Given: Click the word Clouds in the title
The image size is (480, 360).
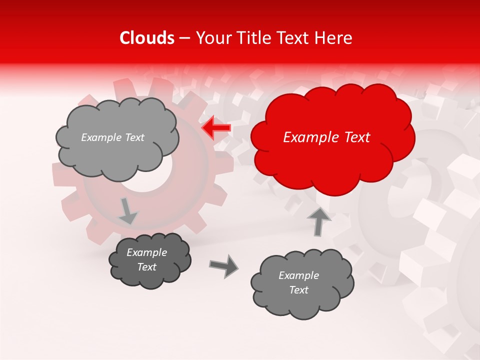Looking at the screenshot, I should (147, 38).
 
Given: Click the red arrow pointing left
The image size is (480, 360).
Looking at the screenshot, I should (216, 128).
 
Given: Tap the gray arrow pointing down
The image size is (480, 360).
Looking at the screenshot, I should (128, 211).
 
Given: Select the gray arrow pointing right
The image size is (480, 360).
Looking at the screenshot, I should (223, 266).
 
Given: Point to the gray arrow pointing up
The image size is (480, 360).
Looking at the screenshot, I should (318, 221).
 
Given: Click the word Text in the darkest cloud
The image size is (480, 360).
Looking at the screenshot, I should (147, 267).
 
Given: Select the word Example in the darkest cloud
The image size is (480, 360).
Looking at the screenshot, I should (147, 252).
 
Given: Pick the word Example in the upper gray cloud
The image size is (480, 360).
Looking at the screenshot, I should (101, 137).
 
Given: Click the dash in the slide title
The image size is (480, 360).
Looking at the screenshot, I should (185, 38).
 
